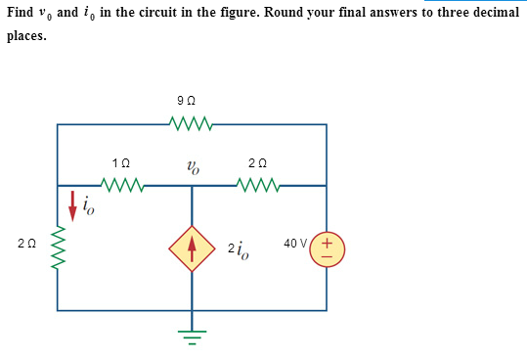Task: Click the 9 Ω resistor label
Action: [191, 102]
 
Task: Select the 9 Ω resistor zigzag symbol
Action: [191, 123]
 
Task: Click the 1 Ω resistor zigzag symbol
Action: [123, 183]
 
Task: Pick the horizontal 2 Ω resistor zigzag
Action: [259, 183]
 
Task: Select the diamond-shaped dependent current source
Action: [192, 247]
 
